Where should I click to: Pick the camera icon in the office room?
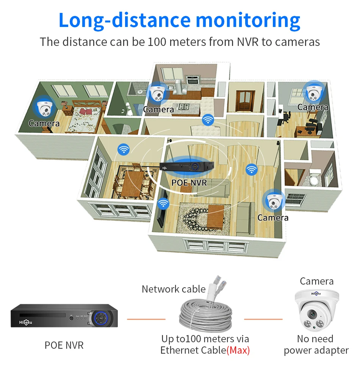[x=313, y=91]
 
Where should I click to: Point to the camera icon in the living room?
[x=273, y=201]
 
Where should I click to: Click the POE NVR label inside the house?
[x=189, y=183]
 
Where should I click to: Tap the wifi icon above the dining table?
[x=123, y=149]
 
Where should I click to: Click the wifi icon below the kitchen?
[x=208, y=120]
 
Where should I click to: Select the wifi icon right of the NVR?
[x=251, y=169]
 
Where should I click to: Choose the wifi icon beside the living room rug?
[x=163, y=204]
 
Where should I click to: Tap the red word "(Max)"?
[x=238, y=350]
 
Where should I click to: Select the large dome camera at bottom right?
[x=316, y=309]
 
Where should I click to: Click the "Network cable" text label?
[x=174, y=289]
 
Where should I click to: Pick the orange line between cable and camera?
[x=263, y=319]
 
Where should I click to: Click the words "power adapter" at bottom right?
[x=316, y=351]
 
